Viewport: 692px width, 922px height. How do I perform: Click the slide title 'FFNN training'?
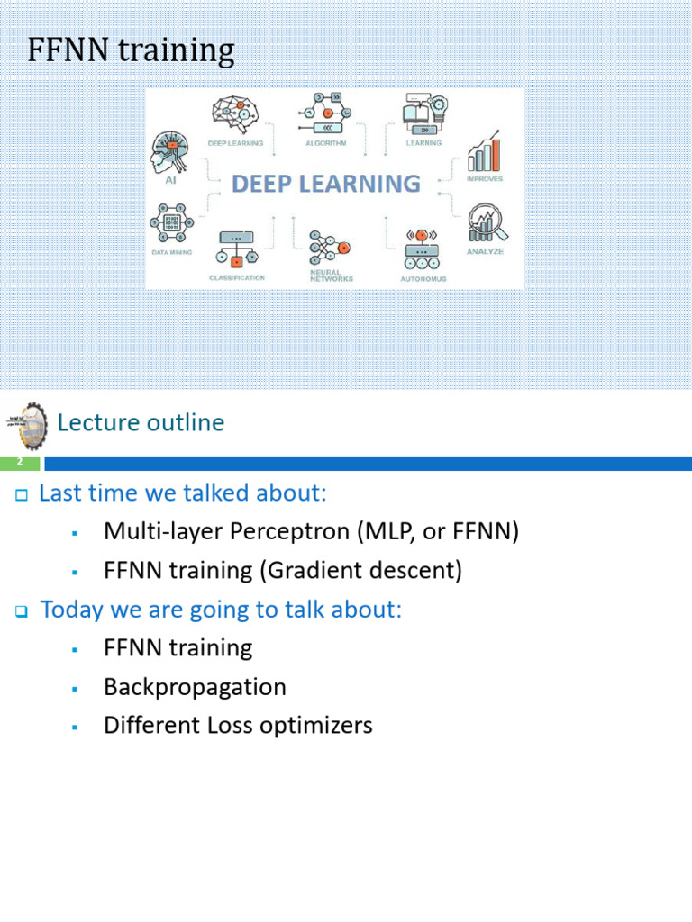click(131, 51)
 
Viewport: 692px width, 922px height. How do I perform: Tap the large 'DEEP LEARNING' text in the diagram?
click(326, 185)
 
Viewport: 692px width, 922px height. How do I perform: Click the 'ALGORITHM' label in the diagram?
click(326, 143)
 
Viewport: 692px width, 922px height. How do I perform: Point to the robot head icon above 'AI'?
click(168, 151)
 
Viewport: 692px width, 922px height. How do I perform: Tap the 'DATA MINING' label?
click(171, 253)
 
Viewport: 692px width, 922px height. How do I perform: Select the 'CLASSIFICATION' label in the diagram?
click(237, 278)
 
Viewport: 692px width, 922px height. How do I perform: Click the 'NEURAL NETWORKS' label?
click(331, 275)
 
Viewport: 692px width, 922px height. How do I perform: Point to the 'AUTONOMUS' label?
click(423, 279)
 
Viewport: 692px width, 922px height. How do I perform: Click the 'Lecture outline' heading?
click(141, 422)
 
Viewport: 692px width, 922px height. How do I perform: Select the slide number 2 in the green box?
click(20, 463)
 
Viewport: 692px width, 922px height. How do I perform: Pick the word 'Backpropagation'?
click(195, 687)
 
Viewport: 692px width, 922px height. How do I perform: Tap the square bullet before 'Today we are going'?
click(23, 611)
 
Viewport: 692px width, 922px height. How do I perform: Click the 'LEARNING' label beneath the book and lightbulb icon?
click(423, 143)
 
